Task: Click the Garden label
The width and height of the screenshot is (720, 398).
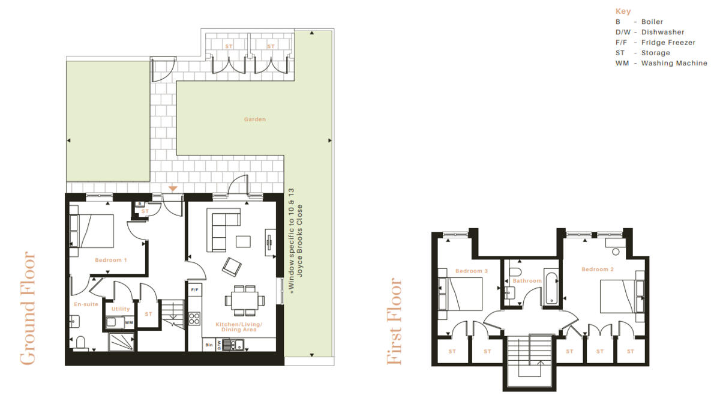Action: (254, 119)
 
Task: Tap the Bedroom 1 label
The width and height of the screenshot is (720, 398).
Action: (111, 261)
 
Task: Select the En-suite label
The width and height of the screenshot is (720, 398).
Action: (86, 304)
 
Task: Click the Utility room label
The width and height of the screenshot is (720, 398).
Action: (121, 309)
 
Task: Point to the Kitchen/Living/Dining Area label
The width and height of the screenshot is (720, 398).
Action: (239, 327)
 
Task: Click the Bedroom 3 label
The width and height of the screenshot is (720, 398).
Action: (471, 271)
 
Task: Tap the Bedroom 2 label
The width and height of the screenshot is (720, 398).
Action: (598, 270)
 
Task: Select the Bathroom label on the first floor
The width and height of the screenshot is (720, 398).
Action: (527, 281)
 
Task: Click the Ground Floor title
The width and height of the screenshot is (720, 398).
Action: (28, 308)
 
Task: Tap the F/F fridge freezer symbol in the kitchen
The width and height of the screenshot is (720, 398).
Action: (195, 291)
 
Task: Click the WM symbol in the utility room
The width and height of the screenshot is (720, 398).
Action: (129, 323)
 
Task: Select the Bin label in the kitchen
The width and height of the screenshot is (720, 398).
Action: (209, 345)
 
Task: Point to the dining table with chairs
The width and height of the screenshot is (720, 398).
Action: (245, 298)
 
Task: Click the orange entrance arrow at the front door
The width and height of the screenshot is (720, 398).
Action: (173, 188)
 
